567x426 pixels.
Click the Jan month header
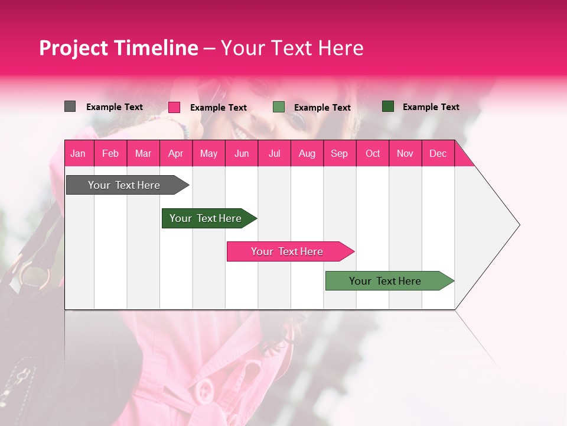click(x=79, y=153)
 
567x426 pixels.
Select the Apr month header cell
click(x=176, y=153)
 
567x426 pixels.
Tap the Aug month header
click(x=307, y=153)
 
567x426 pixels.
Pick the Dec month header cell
click(x=438, y=153)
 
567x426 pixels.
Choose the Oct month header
click(x=373, y=153)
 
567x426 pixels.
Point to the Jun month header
click(x=242, y=153)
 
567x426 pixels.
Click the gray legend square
click(x=70, y=106)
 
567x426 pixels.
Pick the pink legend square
click(x=174, y=107)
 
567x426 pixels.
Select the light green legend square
click(x=279, y=107)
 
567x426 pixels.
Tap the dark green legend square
click(x=388, y=106)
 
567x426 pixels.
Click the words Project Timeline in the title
click(x=119, y=48)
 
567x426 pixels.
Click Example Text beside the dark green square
click(x=431, y=107)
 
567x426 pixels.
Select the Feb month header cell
click(x=110, y=153)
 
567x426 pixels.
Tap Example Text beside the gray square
click(x=115, y=107)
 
